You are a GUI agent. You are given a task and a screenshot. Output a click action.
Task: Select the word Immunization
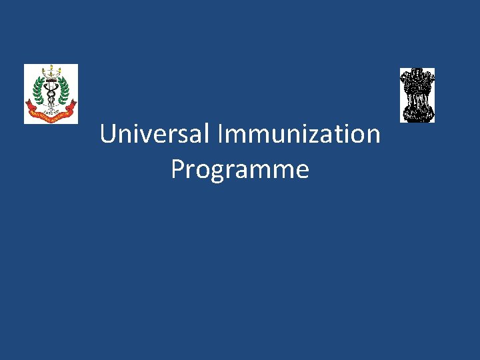pyautogui.click(x=299, y=134)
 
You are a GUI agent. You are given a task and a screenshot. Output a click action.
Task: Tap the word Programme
pyautogui.click(x=240, y=169)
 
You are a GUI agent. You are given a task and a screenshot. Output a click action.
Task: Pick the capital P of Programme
pyautogui.click(x=177, y=169)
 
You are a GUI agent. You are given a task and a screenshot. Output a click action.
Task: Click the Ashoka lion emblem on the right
pyautogui.click(x=417, y=95)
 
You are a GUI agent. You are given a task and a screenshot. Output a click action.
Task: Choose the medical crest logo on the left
pyautogui.click(x=51, y=93)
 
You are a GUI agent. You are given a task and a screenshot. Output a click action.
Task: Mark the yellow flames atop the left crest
pyautogui.click(x=51, y=69)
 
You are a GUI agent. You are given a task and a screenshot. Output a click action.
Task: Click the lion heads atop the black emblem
pyautogui.click(x=417, y=79)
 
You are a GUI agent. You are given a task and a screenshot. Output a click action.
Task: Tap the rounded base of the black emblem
pyautogui.click(x=417, y=115)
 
